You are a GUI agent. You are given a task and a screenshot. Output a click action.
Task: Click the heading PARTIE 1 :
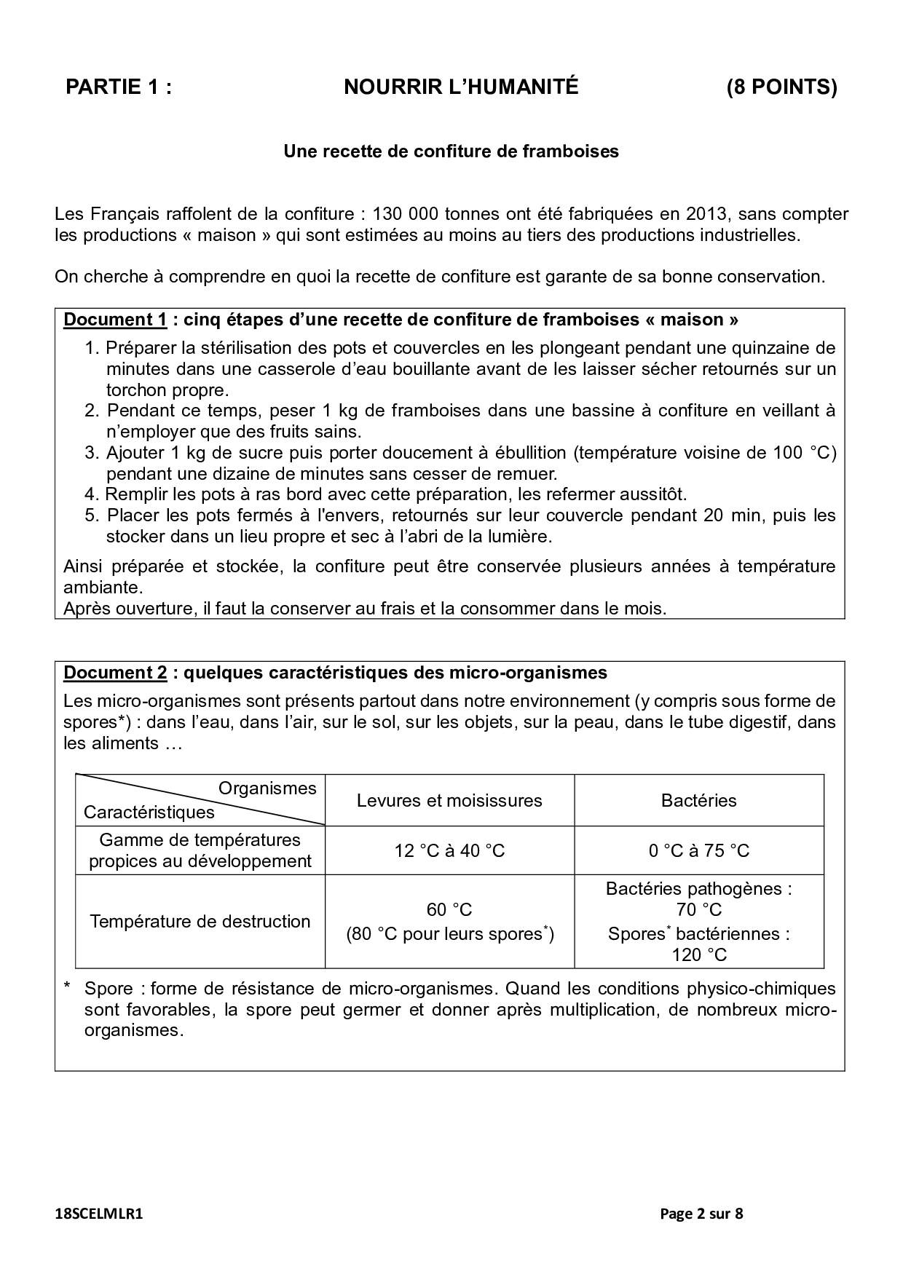coord(119,87)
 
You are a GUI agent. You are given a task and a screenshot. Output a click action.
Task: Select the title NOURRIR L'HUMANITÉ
coord(461,87)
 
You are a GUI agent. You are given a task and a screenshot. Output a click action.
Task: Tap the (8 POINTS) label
coord(781,87)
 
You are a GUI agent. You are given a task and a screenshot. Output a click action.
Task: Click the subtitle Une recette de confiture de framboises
coord(451,151)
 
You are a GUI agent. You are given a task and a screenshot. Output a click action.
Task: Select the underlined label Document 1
coord(115,320)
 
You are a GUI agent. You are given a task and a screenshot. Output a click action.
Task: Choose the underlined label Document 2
coord(115,672)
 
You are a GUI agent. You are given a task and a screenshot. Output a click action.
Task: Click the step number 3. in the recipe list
coord(92,453)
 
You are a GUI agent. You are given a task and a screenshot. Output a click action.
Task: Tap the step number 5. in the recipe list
coord(92,515)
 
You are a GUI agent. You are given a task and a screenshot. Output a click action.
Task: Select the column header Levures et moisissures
coord(449,801)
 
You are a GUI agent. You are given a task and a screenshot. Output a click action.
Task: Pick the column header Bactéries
coord(698,801)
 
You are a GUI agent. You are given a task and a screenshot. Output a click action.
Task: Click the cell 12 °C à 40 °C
coord(449,850)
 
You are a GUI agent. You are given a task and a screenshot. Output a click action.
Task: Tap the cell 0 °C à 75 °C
coord(698,850)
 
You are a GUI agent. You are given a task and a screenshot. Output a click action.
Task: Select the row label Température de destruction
coord(200,921)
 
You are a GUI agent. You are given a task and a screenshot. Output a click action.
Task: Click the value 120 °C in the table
coord(699,954)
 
